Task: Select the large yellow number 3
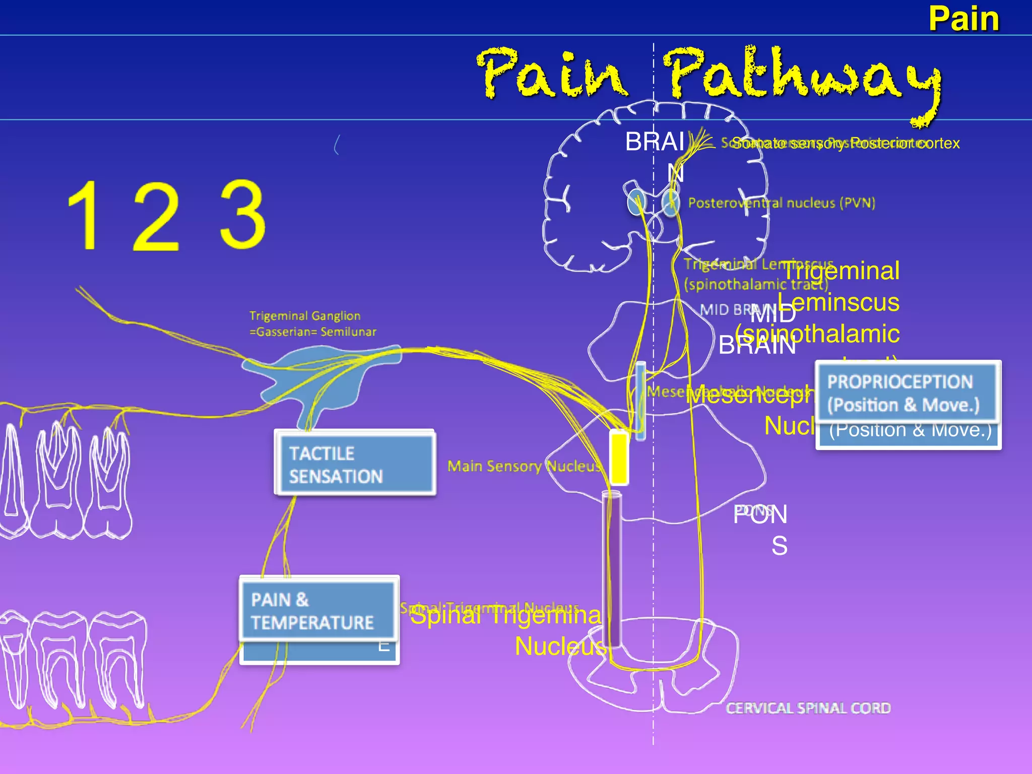point(243,216)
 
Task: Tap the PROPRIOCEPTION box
point(907,393)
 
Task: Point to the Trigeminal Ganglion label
point(312,324)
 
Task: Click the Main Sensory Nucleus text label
point(524,466)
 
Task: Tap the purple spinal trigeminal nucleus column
point(612,569)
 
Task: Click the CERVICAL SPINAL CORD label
point(808,708)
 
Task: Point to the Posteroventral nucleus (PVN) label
point(781,203)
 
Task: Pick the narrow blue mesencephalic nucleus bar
point(640,401)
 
